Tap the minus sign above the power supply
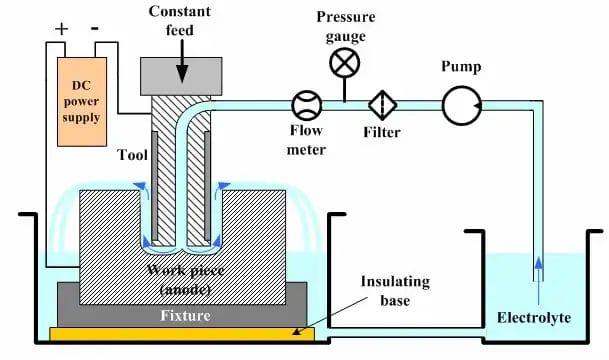coord(95,29)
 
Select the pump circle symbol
coord(462,105)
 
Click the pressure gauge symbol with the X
coord(345,63)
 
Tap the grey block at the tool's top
coord(182,71)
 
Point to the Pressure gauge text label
coord(345,25)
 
